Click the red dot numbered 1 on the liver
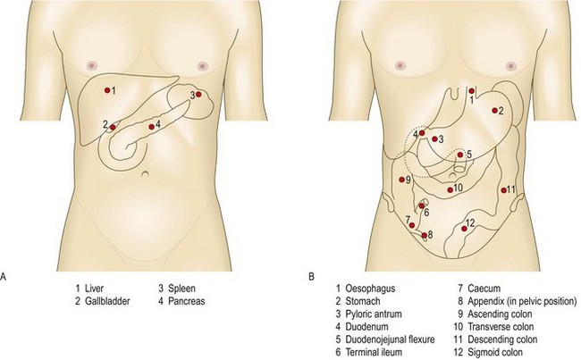[107, 90]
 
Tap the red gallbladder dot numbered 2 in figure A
[113, 128]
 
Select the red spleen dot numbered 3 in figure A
[198, 95]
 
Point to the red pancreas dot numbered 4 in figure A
[150, 126]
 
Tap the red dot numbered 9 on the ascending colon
[401, 180]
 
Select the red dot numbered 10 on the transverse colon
[448, 188]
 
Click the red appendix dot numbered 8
[423, 235]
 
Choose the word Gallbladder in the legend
[110, 302]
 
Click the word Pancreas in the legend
[186, 302]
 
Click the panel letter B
[310, 277]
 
